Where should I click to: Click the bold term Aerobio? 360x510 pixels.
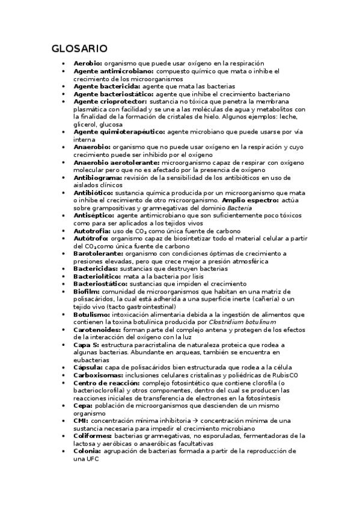[88, 63]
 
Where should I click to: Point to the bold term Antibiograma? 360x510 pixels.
[97, 178]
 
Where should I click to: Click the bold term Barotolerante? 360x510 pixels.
[98, 254]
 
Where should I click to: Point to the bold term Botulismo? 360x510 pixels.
[91, 315]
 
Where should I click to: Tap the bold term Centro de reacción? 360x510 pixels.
[106, 383]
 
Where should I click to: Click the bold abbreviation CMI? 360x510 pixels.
[81, 421]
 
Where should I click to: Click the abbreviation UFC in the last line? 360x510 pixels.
[90, 459]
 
